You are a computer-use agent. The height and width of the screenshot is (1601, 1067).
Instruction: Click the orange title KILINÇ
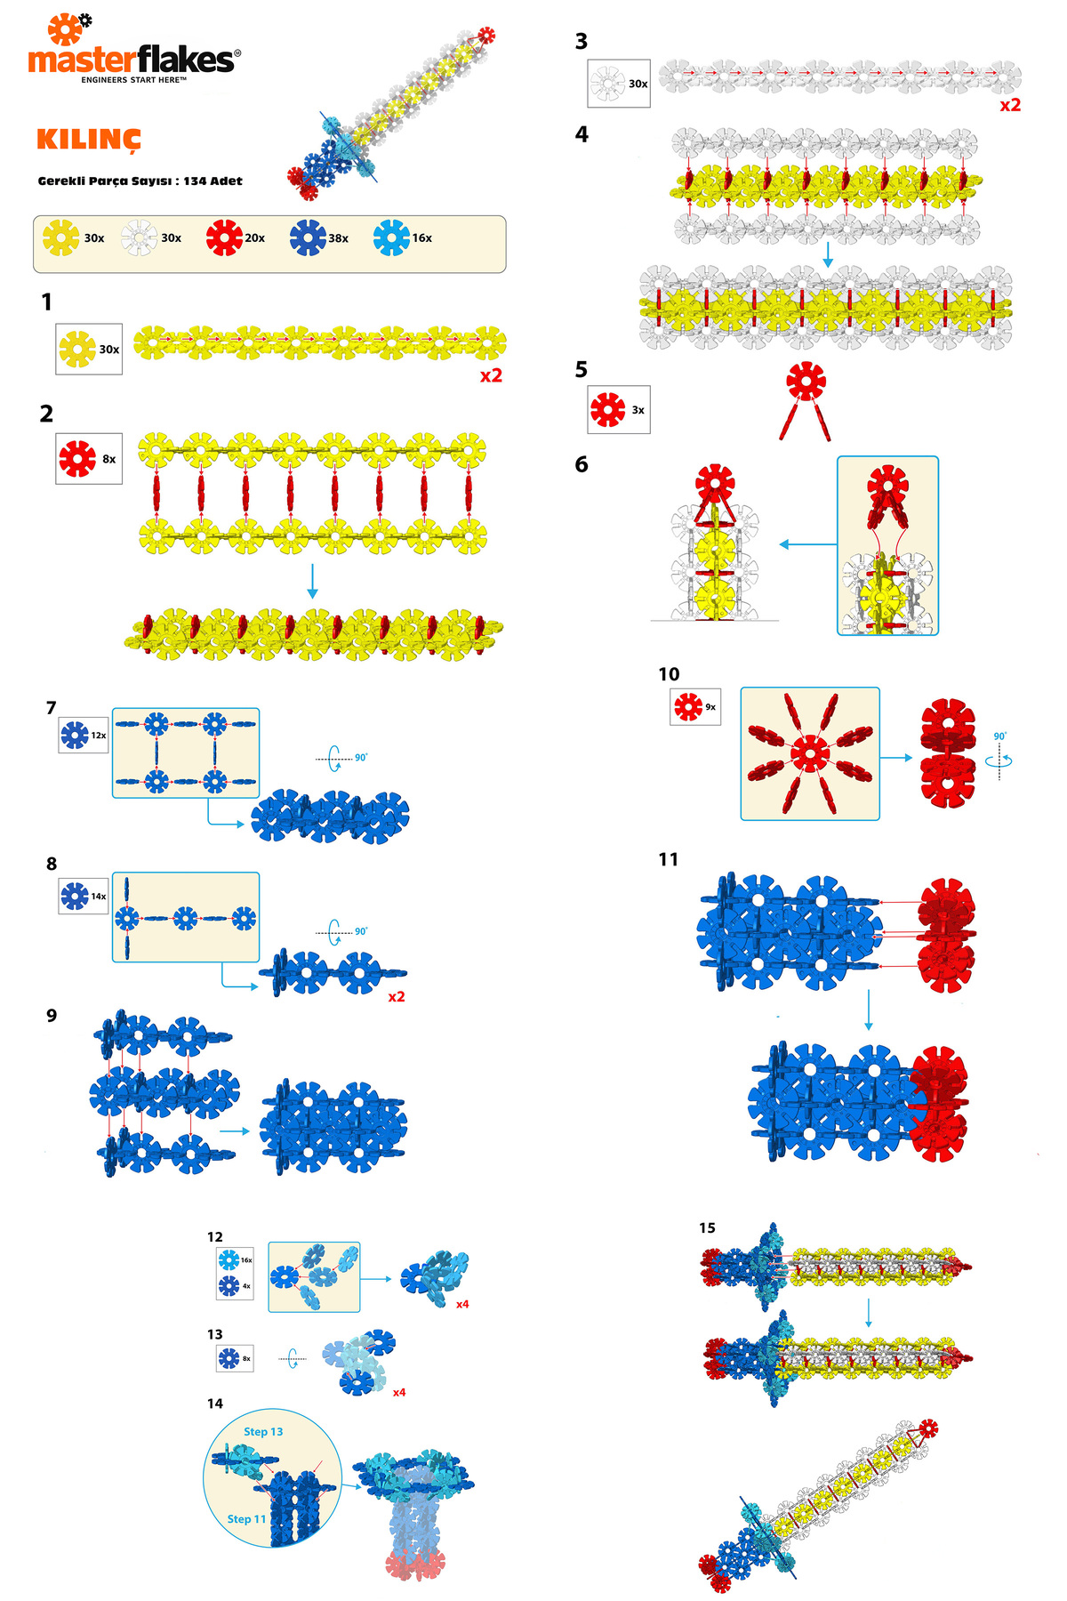(89, 140)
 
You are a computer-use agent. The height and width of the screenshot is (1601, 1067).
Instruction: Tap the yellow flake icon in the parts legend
(61, 238)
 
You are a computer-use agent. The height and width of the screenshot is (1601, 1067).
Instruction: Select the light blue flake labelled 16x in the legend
(391, 238)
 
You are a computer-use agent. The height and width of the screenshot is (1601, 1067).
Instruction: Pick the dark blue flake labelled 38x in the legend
(308, 238)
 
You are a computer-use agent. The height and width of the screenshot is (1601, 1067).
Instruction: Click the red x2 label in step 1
(491, 376)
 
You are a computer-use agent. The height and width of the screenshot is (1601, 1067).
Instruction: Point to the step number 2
(46, 414)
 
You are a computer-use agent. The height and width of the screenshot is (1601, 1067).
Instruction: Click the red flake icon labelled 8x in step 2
(77, 459)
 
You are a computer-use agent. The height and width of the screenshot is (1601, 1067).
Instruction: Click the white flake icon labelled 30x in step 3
(607, 84)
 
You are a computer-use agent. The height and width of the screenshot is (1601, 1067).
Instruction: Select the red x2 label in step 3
(1010, 105)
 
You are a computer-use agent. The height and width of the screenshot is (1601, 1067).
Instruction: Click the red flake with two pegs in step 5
(806, 382)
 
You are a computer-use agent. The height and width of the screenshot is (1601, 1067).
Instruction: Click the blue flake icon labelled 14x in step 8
(75, 897)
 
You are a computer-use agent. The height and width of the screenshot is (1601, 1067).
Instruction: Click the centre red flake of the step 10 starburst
(809, 753)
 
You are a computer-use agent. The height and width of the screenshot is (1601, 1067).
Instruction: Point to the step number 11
(668, 859)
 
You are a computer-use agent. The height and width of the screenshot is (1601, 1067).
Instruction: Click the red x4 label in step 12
(462, 1304)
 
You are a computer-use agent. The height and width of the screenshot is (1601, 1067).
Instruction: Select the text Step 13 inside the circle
(263, 1431)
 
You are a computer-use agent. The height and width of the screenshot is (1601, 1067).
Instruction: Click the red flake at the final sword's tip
(928, 1429)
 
